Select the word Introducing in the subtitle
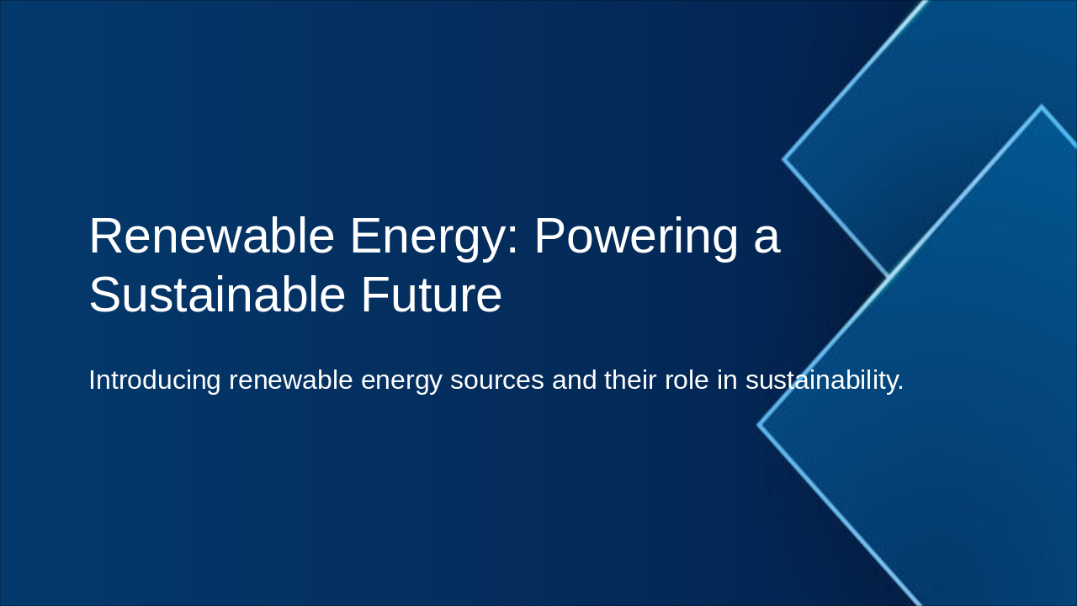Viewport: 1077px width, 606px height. tap(154, 380)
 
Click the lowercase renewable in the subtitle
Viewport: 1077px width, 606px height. tap(290, 380)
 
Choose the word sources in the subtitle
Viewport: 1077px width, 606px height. tap(496, 381)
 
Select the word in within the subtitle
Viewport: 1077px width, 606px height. tap(727, 380)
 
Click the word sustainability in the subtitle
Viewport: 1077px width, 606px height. tap(820, 380)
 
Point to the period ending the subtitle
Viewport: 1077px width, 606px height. tap(900, 389)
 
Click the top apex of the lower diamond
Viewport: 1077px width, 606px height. tap(1042, 107)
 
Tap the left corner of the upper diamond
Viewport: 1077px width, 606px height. tap(784, 158)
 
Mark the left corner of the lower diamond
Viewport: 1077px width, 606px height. tap(759, 425)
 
